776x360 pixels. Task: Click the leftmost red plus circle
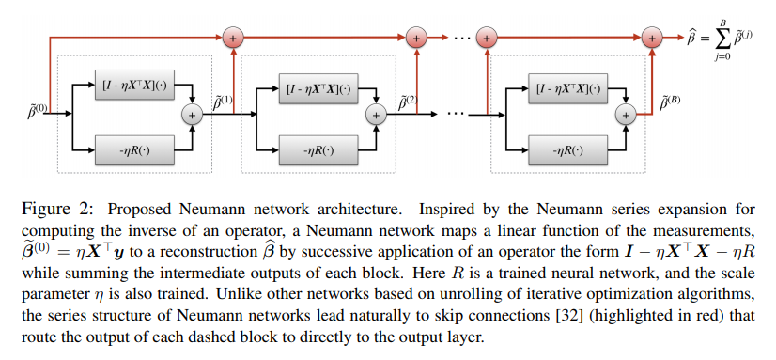[231, 37]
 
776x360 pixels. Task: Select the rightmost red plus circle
[650, 37]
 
